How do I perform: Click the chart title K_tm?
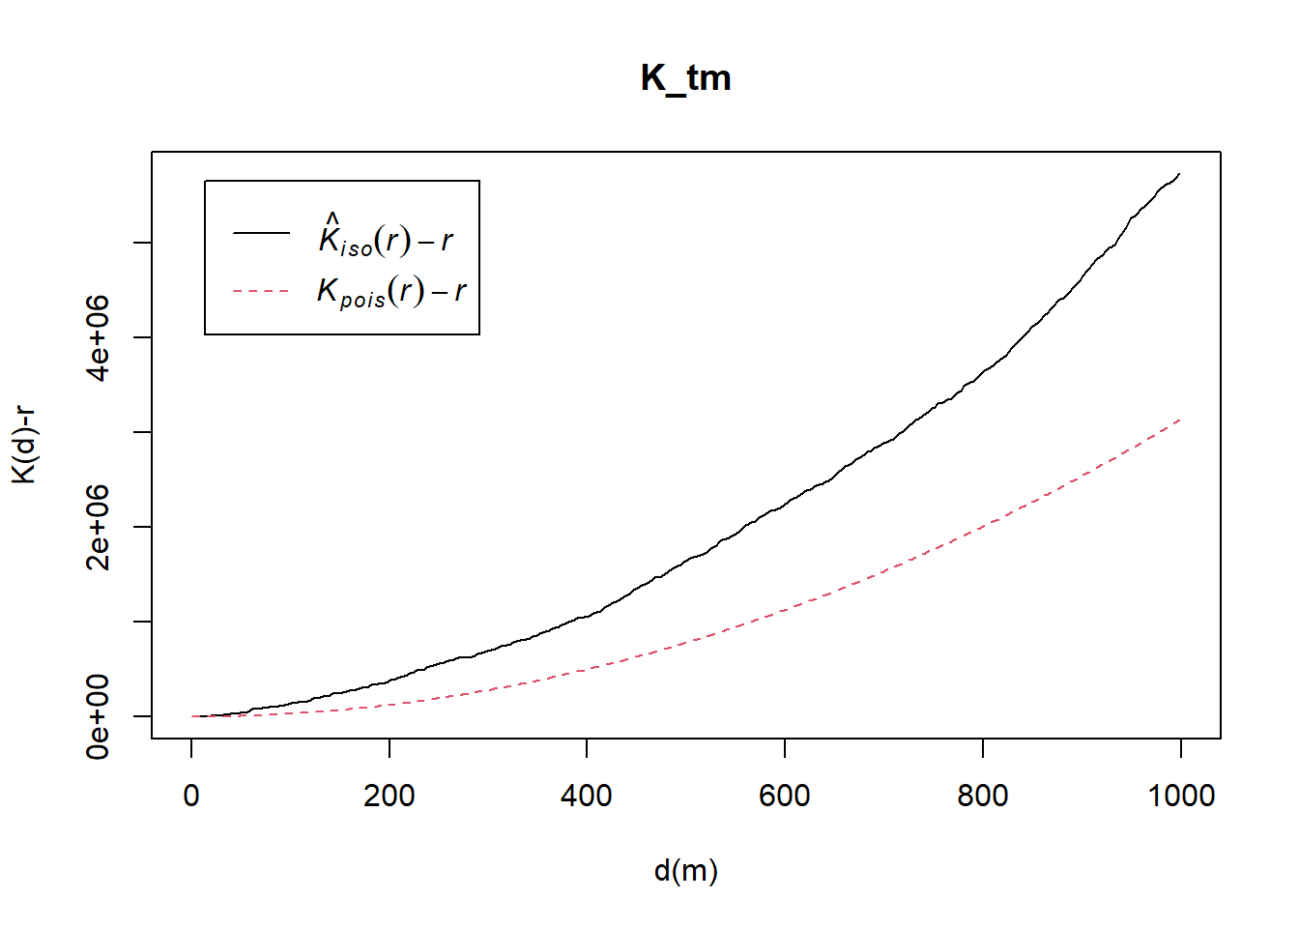click(685, 77)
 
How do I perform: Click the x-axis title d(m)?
click(685, 871)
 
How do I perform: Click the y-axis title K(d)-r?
click(24, 445)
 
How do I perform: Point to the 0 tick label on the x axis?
click(191, 796)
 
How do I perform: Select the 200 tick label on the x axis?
click(389, 796)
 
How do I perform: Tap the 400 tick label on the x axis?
click(587, 796)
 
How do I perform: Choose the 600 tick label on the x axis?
click(784, 796)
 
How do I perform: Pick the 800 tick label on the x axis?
click(982, 796)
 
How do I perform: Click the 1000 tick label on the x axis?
click(1180, 796)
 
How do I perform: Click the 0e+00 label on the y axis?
click(99, 716)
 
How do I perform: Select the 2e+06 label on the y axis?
click(99, 527)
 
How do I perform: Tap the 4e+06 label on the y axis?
click(99, 337)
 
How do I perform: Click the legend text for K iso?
click(386, 236)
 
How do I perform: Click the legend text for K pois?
click(391, 291)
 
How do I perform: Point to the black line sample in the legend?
click(261, 232)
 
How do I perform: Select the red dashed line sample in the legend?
click(261, 291)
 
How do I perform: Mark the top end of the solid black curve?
click(1179, 174)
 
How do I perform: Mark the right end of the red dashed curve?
click(1180, 420)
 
